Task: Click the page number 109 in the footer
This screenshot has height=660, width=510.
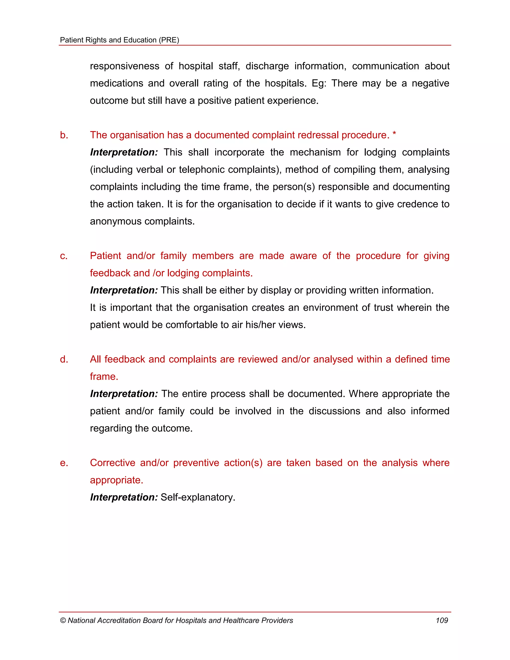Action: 442,620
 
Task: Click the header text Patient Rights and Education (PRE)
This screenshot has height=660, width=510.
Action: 120,40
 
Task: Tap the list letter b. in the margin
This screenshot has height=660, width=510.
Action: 64,135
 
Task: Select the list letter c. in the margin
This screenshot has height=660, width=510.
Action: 64,256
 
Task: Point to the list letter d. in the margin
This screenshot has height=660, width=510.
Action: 64,359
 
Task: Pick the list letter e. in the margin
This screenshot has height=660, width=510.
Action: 64,463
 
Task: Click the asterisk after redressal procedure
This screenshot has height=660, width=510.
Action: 394,134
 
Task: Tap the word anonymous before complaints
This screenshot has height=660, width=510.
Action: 116,221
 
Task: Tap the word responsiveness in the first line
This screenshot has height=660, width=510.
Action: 125,66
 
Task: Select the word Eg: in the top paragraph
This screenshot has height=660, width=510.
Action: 319,83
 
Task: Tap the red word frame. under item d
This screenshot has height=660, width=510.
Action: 104,377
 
